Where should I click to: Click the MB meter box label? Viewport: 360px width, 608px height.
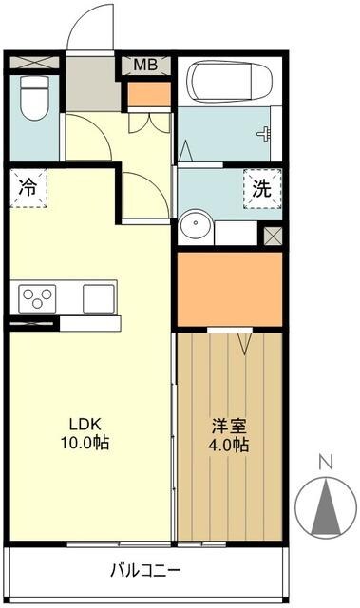[145, 66]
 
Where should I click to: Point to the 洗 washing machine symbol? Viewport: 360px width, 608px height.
[260, 187]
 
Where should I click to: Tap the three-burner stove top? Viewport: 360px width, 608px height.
[36, 298]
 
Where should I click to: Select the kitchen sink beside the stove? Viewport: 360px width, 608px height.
[97, 297]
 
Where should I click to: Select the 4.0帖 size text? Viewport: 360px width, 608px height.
[228, 445]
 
